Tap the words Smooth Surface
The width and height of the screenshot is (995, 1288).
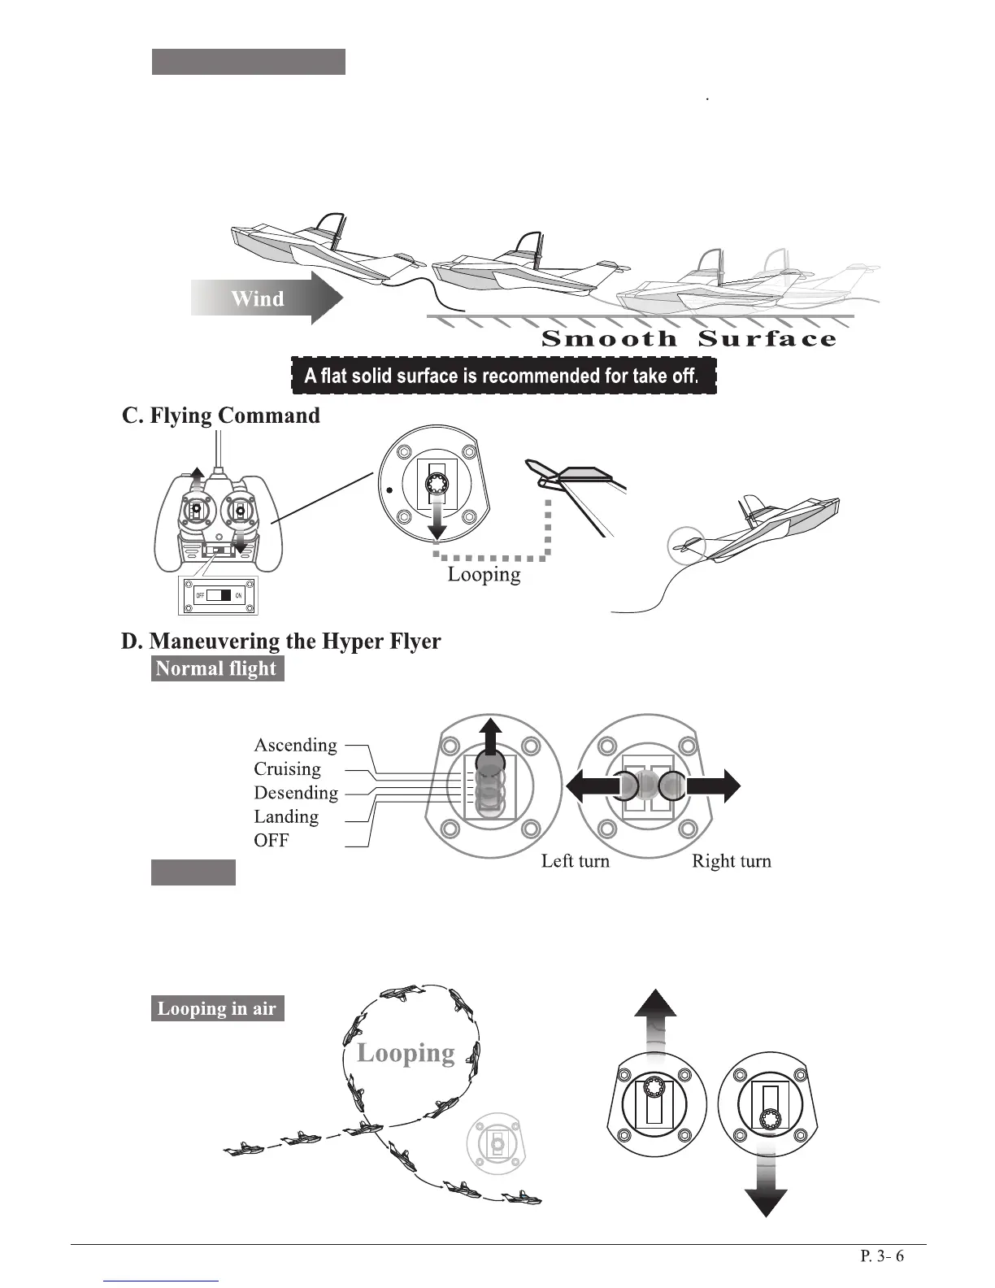tap(688, 339)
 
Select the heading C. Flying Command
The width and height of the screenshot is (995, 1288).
tap(220, 416)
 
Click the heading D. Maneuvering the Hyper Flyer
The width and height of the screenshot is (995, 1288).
tap(280, 641)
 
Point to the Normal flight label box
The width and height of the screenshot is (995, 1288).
tap(217, 668)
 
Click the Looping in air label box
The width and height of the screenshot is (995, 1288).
tap(217, 1008)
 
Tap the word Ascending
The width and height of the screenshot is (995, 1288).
tap(295, 745)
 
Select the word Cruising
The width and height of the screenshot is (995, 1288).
tap(287, 768)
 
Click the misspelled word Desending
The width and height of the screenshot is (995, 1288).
tap(296, 793)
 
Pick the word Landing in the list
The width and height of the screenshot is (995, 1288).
tap(286, 816)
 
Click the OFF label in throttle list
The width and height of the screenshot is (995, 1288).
tap(271, 840)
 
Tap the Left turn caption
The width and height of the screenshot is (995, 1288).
tap(575, 861)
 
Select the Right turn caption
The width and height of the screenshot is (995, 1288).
tap(731, 861)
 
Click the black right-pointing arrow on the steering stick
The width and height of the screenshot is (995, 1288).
tap(714, 786)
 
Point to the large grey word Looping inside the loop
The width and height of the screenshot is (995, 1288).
tap(406, 1052)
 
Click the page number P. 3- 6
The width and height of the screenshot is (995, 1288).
tap(882, 1256)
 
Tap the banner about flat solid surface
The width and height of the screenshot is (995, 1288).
tap(503, 376)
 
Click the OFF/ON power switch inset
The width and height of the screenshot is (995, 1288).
tap(219, 596)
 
